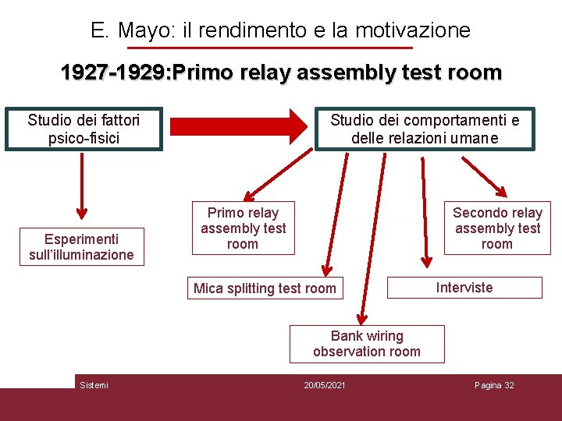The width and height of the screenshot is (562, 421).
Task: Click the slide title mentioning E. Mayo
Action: point(280,30)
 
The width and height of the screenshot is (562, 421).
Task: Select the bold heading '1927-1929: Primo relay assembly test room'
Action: point(281,73)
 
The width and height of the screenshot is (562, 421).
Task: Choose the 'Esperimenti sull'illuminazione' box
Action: point(81,247)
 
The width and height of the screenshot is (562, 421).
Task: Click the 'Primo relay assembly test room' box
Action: point(243,228)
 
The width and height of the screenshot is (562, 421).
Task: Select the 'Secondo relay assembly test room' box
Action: point(497,228)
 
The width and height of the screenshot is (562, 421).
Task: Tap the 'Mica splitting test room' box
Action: point(265,288)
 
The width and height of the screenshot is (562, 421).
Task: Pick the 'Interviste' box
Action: point(464,288)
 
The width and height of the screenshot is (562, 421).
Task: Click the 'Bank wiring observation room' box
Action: point(366,344)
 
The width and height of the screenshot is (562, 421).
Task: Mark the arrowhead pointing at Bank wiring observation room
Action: point(361,318)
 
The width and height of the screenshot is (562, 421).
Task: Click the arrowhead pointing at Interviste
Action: point(426,261)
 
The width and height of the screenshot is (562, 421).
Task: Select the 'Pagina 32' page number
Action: point(494,386)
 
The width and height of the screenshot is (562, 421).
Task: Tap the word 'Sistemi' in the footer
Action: point(94,386)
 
